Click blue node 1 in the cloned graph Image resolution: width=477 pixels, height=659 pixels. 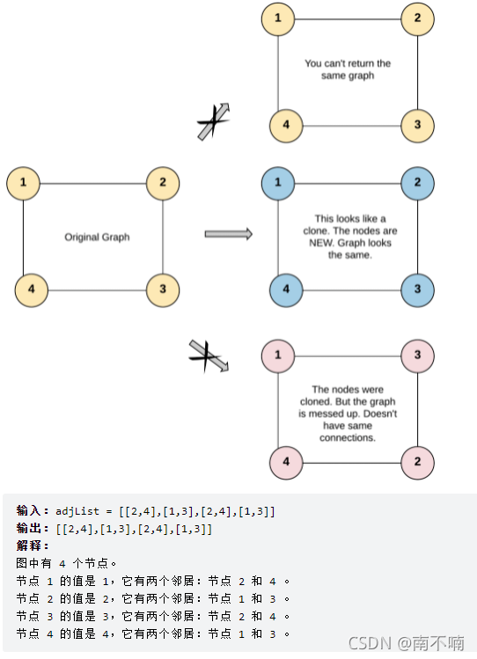click(278, 183)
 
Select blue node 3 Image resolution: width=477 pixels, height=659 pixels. click(417, 290)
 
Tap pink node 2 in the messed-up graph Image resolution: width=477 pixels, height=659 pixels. click(417, 462)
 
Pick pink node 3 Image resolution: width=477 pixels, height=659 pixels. click(417, 356)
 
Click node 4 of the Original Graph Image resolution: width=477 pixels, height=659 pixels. click(32, 290)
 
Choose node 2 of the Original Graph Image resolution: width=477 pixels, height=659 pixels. click(163, 183)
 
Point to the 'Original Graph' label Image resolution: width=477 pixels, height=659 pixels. click(97, 237)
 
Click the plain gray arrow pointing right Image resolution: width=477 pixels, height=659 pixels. click(229, 234)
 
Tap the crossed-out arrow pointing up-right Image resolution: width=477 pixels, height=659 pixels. click(214, 121)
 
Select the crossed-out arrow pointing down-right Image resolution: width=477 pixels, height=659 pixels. click(209, 356)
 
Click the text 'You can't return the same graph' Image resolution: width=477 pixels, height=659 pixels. click(348, 70)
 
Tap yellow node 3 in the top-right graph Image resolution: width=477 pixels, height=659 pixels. click(417, 126)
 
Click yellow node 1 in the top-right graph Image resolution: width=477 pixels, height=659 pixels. click(278, 18)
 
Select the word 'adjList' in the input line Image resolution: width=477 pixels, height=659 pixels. click(77, 511)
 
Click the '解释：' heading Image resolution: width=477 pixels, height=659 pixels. click(33, 546)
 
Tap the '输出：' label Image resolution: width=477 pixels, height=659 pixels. click(33, 529)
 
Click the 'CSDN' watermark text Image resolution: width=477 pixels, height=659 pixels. click(370, 643)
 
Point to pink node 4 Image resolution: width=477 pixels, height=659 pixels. click(286, 462)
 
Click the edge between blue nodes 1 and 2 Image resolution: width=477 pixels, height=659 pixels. click(348, 184)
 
